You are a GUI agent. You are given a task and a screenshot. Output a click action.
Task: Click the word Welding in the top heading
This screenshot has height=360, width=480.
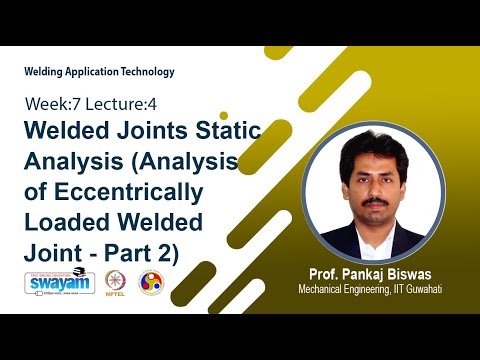click(43, 71)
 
